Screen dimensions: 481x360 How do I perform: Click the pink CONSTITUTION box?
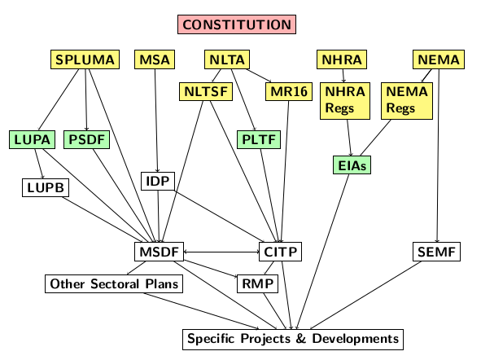click(x=237, y=24)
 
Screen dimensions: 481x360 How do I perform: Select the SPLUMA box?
click(x=85, y=59)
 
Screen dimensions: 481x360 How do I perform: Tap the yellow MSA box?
click(x=155, y=59)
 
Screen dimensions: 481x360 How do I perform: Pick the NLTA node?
click(x=227, y=59)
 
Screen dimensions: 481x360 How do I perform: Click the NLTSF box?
click(x=206, y=91)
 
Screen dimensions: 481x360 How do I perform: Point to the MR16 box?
click(x=289, y=91)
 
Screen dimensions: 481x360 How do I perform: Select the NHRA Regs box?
click(x=345, y=101)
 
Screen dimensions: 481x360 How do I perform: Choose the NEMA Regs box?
click(x=407, y=101)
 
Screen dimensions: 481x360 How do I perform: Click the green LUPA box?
click(x=33, y=139)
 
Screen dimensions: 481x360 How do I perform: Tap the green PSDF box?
click(x=87, y=139)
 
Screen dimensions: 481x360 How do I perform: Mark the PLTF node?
click(x=259, y=139)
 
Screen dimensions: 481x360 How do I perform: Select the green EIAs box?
click(x=352, y=165)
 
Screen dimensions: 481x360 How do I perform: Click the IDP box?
click(x=158, y=181)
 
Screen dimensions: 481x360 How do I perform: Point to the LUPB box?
click(x=46, y=187)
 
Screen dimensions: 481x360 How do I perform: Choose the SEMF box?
click(x=436, y=252)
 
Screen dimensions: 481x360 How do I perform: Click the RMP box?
click(x=258, y=283)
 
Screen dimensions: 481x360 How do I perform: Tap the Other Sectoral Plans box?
click(x=114, y=283)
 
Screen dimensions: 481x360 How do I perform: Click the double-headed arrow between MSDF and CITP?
click(x=221, y=252)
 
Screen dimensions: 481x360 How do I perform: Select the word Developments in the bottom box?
click(x=356, y=339)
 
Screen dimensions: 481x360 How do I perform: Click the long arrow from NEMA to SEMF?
click(x=438, y=156)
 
